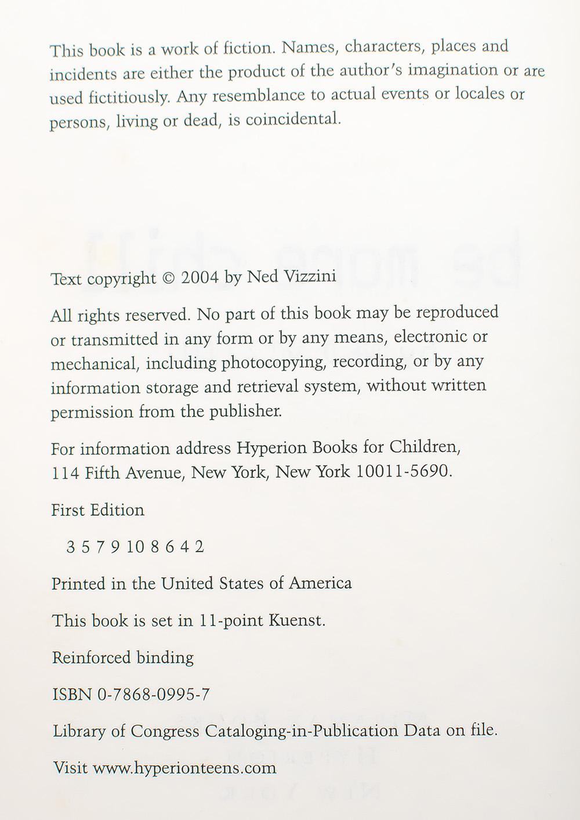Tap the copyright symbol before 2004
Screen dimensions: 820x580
[x=168, y=278]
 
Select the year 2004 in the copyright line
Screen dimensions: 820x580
[x=200, y=277]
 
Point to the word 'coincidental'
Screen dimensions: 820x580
[x=293, y=120]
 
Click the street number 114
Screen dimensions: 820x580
[x=66, y=474]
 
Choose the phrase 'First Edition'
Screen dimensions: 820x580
[x=97, y=510]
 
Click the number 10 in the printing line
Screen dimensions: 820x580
[x=135, y=547]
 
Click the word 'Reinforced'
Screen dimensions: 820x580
[x=92, y=658]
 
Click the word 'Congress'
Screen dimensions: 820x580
[x=165, y=731]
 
